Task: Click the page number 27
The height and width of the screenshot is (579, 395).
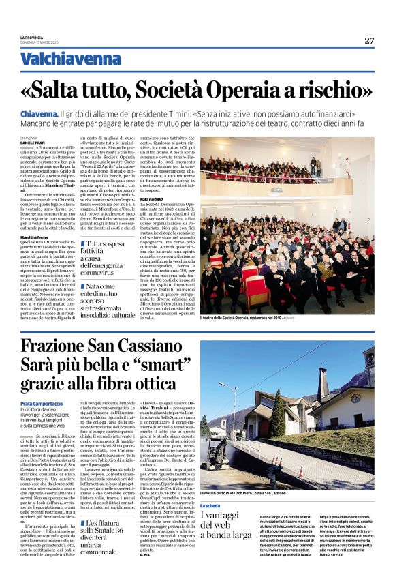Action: tap(368, 40)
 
